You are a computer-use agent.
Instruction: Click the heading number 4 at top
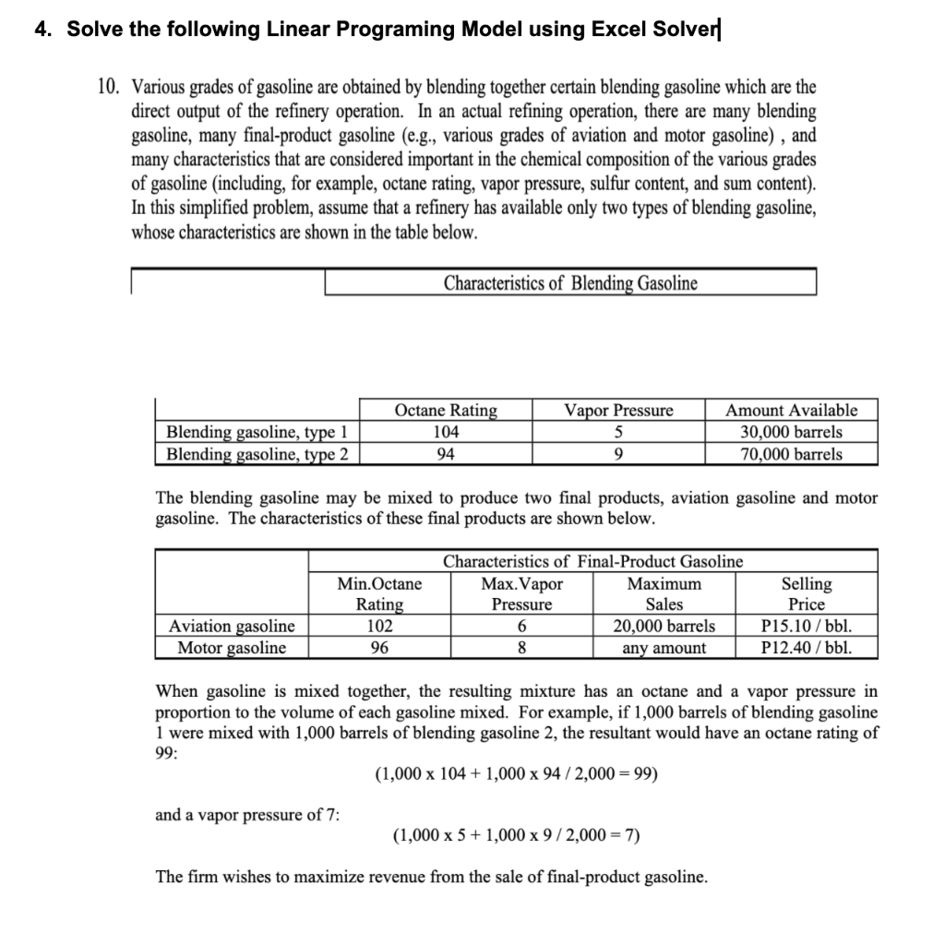42,30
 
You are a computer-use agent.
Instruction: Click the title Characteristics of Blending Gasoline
570,283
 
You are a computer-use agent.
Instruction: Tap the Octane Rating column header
445,410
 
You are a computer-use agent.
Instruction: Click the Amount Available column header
791,410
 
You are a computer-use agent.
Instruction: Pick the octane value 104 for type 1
445,432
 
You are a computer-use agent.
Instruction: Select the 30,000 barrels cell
791,432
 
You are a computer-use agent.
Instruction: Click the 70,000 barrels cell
791,454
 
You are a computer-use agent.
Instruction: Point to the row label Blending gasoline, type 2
257,454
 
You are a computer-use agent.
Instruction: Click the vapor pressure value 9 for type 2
617,454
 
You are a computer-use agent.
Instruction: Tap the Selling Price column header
806,594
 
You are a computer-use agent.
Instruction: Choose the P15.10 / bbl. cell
806,626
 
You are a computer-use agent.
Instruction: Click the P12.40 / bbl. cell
806,648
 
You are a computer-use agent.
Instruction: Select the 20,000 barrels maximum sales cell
664,626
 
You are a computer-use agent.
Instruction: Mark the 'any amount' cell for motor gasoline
664,648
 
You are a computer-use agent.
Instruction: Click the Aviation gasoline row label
232,626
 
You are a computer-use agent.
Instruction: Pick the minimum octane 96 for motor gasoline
379,648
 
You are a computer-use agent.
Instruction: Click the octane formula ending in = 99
516,773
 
